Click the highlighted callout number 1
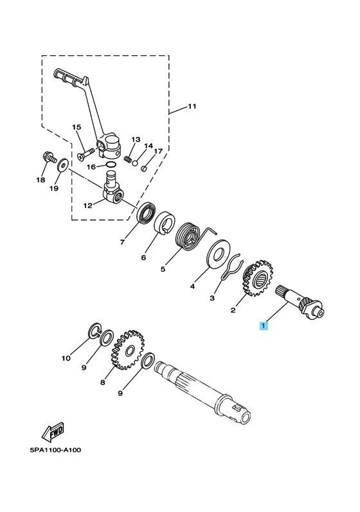click(x=262, y=326)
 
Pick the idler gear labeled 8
click(x=132, y=351)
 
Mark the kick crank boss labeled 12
click(x=113, y=191)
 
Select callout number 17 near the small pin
click(x=158, y=152)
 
